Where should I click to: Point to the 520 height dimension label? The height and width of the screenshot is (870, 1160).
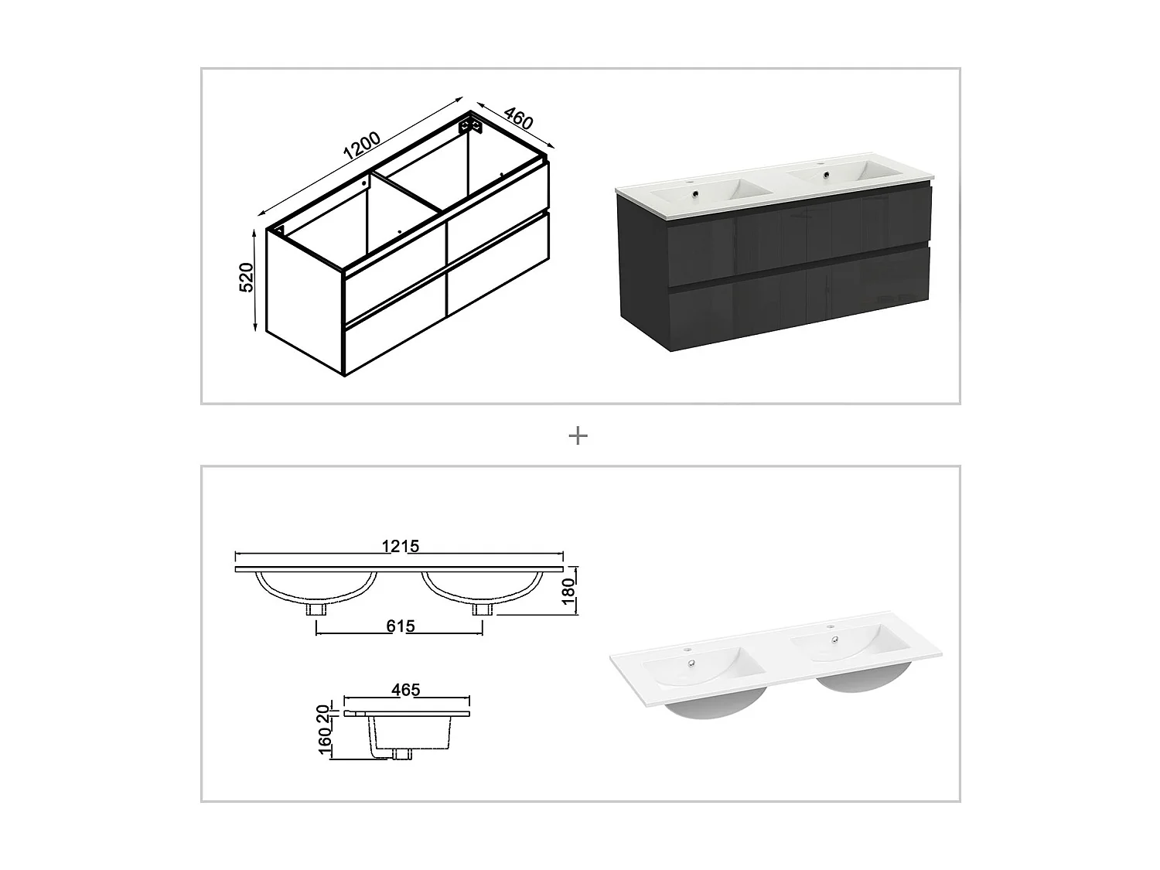(x=247, y=277)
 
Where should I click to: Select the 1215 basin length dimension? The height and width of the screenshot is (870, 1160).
(x=400, y=546)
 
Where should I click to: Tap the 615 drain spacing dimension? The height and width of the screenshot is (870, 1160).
(x=400, y=626)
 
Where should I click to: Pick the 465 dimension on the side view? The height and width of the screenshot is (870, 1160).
(x=405, y=690)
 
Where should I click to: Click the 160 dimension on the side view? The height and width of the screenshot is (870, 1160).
(x=326, y=741)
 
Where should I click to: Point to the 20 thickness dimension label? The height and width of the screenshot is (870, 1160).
(x=326, y=713)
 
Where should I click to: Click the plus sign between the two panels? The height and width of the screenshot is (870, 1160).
(x=578, y=436)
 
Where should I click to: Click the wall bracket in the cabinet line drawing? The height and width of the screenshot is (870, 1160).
(x=469, y=124)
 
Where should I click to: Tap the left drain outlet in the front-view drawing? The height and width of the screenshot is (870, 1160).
(x=316, y=609)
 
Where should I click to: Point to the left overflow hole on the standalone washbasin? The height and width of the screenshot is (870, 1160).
(x=689, y=662)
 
